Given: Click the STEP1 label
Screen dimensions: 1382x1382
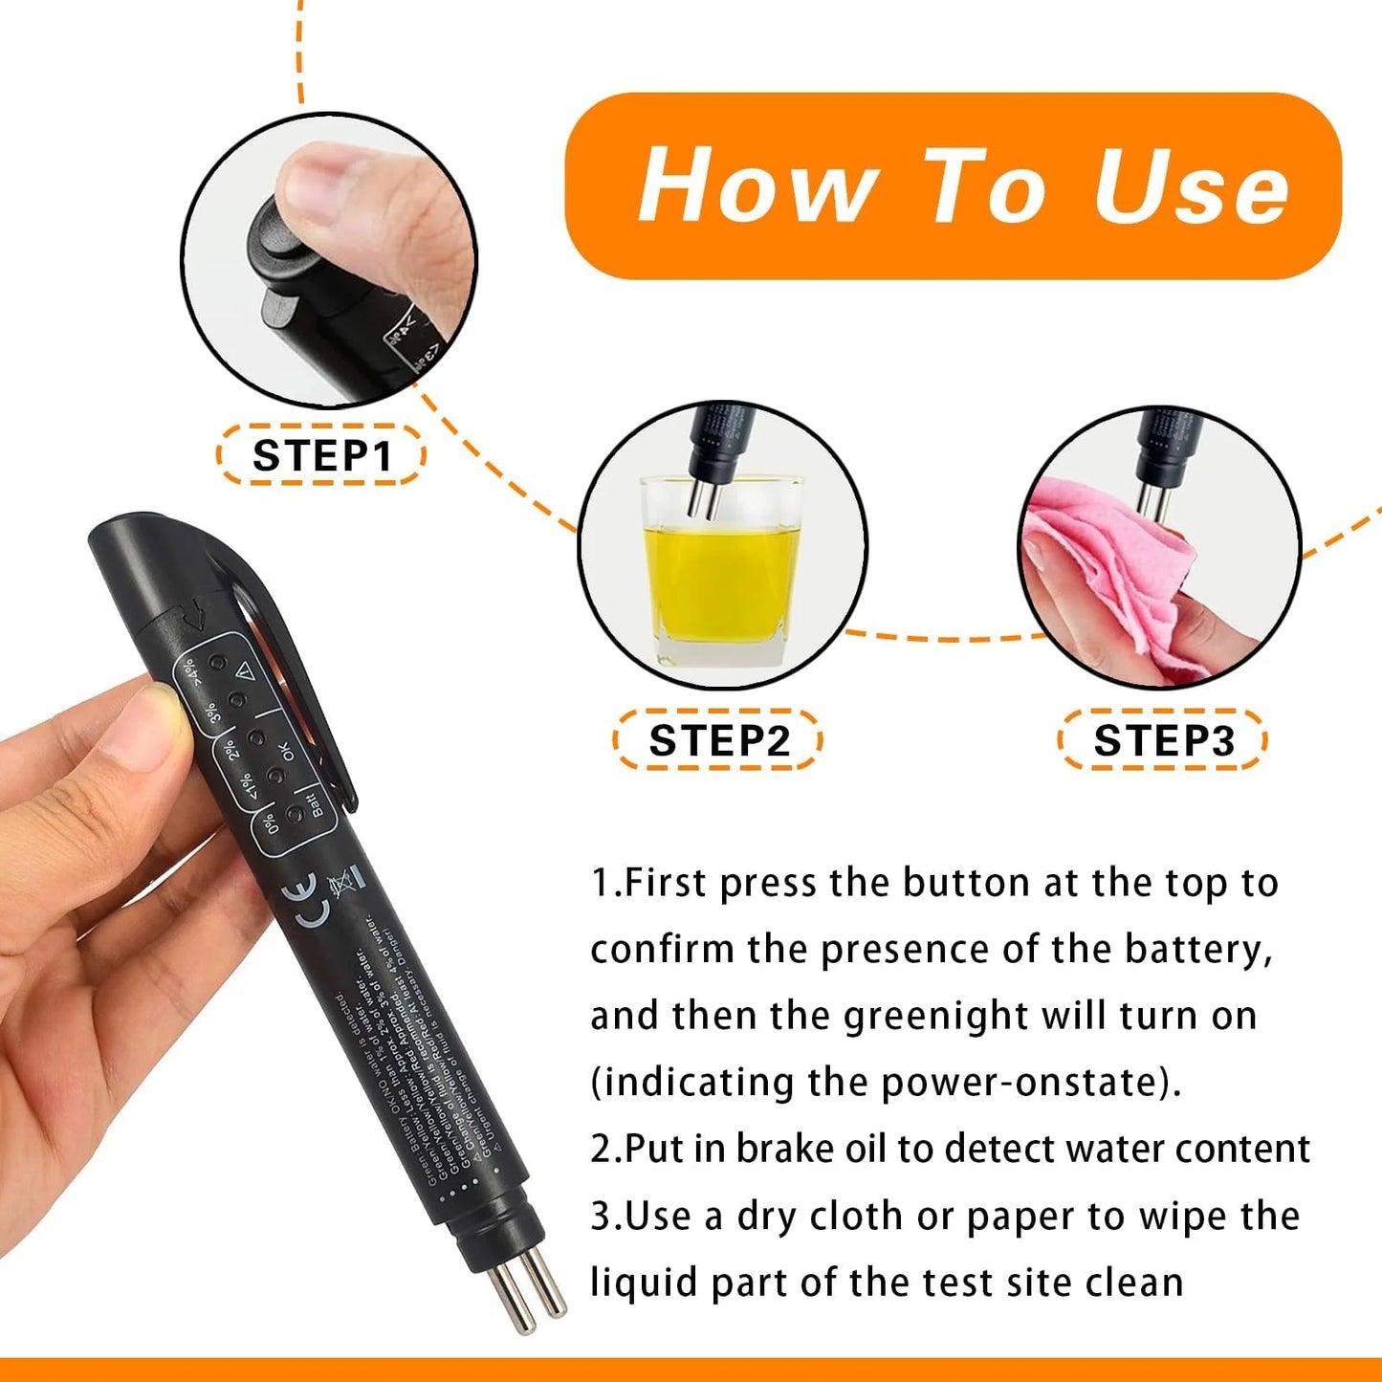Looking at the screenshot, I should click(x=321, y=455).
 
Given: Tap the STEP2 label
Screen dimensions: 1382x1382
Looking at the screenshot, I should click(x=718, y=740).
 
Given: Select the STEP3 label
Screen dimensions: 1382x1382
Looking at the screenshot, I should click(x=1163, y=740).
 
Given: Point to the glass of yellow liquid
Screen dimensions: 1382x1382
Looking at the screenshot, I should click(x=723, y=574).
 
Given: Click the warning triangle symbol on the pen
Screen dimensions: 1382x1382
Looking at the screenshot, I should click(x=245, y=671).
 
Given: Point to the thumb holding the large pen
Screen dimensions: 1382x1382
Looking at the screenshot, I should click(x=153, y=727).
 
